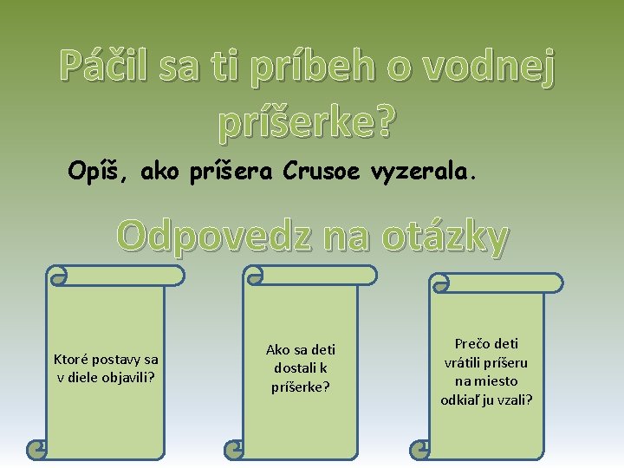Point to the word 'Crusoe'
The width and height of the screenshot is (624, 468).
(x=321, y=172)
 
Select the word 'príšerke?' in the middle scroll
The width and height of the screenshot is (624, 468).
(x=301, y=387)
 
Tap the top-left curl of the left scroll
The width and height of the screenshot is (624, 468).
(x=58, y=276)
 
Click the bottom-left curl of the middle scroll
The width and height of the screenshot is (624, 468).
(x=233, y=450)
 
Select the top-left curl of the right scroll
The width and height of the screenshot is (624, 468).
(x=440, y=283)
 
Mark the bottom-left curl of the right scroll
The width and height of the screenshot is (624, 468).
(x=419, y=449)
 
